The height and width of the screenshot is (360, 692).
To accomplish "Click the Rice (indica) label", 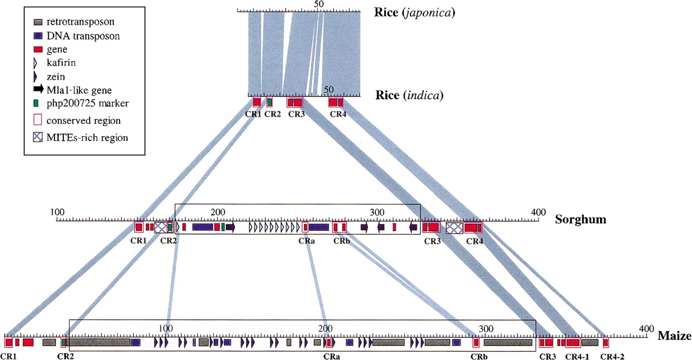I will point(409,96).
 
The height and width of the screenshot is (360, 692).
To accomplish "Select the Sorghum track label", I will point(581,219).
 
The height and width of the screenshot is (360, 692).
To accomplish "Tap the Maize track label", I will point(674,336).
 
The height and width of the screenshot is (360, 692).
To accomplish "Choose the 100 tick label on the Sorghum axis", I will point(57,212).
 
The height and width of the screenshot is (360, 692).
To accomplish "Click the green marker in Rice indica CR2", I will point(269,102).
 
